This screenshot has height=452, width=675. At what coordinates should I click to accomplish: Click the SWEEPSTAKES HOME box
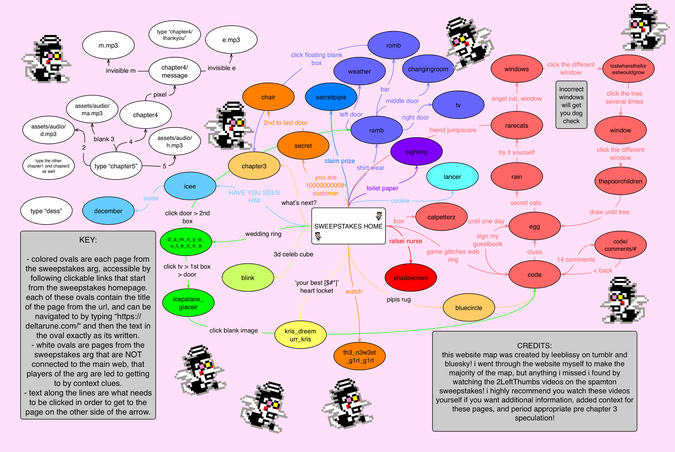[348, 226]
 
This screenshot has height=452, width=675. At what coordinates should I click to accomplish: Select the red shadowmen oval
[411, 278]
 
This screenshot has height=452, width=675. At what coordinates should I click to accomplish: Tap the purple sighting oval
[416, 152]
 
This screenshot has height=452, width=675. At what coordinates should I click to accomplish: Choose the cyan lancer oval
[452, 177]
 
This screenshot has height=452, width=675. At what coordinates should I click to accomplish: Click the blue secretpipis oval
[331, 97]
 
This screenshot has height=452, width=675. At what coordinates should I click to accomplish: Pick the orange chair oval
[268, 97]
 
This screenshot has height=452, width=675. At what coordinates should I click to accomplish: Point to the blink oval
[248, 278]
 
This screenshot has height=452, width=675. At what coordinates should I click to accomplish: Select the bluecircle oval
[468, 308]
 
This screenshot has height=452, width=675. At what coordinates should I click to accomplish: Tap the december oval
[108, 211]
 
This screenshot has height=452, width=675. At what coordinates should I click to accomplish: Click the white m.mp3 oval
[108, 46]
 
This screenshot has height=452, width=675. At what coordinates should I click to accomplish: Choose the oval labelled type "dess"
[46, 211]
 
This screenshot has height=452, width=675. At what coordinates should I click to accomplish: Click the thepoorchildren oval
[620, 181]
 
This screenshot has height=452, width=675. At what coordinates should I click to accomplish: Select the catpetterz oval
[441, 217]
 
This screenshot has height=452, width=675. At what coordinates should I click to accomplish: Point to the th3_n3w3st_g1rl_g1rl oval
[359, 356]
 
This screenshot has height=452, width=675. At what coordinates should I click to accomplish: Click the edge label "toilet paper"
[382, 188]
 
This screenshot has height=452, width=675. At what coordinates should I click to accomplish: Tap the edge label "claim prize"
[339, 161]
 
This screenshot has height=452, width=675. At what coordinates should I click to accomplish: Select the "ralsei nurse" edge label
[405, 241]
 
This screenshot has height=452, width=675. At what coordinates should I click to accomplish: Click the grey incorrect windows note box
[571, 105]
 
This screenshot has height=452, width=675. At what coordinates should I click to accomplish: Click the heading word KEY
[88, 240]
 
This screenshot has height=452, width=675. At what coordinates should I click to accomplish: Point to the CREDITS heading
[534, 346]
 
